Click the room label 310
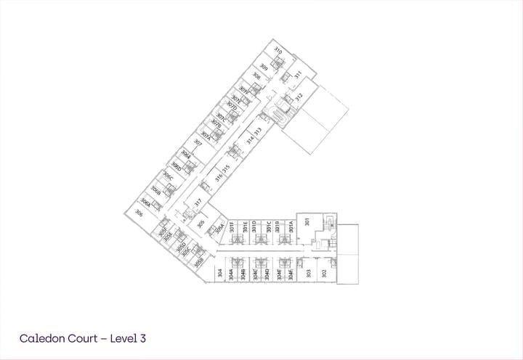point(277,50)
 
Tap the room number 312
point(298,97)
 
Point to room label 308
point(256,75)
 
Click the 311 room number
point(297,74)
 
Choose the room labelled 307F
point(244,91)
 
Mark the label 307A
point(206,134)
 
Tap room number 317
point(197,202)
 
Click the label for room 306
point(139,213)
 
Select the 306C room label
point(168,176)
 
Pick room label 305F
point(163,232)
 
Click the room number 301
point(307,221)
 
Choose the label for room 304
point(219,274)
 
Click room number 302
point(324,274)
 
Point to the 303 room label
point(309,274)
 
